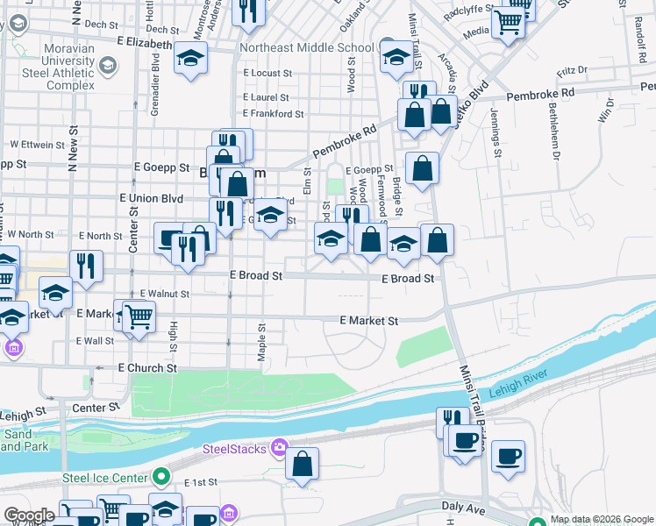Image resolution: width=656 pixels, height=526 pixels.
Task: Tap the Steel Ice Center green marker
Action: [x=160, y=478]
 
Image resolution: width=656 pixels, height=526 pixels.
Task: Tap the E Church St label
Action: [x=147, y=368]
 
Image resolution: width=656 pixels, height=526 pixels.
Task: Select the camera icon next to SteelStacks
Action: [x=279, y=449]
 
